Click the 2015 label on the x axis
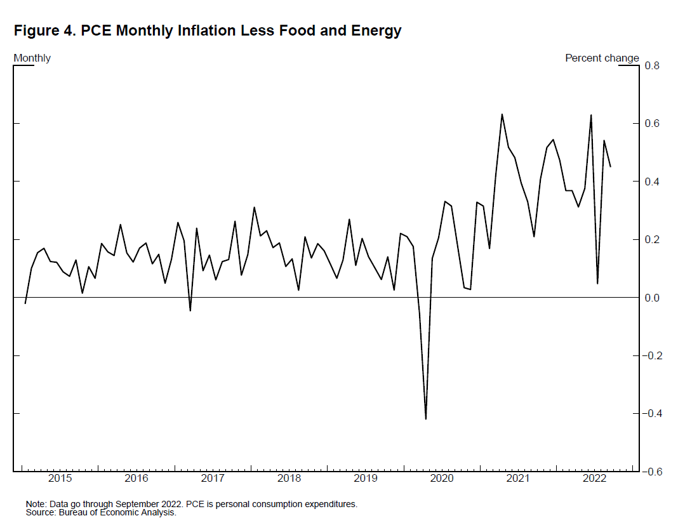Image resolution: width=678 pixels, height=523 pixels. point(60,478)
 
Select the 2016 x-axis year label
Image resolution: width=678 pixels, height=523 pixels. point(136,478)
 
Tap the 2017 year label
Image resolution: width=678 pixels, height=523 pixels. point(213,478)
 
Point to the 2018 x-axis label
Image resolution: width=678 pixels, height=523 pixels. point(289,478)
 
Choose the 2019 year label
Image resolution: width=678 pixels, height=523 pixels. point(366,478)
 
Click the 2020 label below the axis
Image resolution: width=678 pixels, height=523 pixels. point(442,478)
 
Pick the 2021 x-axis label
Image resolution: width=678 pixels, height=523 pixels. point(519,478)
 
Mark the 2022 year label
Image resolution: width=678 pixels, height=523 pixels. point(595,478)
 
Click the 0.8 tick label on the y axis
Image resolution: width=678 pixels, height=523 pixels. point(653,65)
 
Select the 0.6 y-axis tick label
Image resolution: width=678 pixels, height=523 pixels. point(653,123)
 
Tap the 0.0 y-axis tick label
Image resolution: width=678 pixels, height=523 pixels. point(653,298)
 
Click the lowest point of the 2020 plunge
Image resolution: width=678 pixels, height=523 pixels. point(425,419)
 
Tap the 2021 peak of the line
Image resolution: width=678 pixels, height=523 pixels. point(502,114)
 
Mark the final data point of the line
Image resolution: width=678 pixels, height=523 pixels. point(610,166)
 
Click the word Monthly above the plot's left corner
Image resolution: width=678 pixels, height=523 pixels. point(32,58)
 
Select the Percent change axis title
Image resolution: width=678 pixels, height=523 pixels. point(602,58)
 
